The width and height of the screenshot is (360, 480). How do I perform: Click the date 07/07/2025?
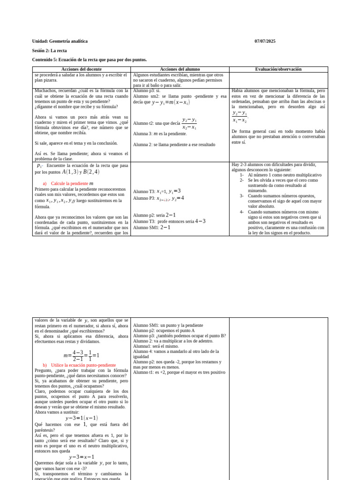265,41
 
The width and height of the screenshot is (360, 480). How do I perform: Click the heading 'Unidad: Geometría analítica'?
60,41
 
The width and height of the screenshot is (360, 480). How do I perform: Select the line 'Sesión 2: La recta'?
49,51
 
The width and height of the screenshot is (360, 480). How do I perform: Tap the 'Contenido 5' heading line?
89,60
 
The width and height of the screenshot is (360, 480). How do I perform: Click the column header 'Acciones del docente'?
81,69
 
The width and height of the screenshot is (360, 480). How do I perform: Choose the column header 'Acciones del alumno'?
180,69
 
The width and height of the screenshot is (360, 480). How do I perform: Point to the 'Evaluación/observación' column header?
278,69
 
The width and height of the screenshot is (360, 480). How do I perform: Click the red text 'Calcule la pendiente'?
69,184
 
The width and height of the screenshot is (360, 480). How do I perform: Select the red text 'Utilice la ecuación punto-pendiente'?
83,365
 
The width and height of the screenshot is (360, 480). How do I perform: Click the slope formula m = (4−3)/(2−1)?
81,355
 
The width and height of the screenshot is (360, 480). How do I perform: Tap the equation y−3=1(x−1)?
82,418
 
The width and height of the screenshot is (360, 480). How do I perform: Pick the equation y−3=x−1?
82,457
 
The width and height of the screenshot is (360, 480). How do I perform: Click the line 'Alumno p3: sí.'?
146,91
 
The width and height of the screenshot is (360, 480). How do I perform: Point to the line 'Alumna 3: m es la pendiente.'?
160,134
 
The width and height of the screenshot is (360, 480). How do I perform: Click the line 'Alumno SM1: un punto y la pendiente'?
168,325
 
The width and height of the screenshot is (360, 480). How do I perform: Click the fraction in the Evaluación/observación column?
240,116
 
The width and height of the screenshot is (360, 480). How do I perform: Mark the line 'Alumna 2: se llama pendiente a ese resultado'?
174,145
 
